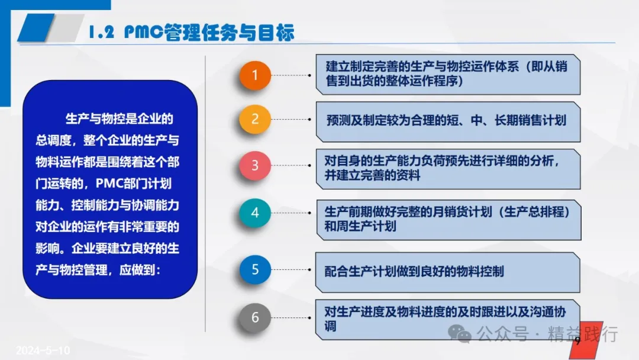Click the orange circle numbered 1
tap(255, 75)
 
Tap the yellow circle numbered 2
tap(255, 119)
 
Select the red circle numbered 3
tap(255, 166)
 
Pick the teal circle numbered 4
tap(255, 213)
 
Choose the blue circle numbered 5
tap(255, 269)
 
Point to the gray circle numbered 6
tap(255, 317)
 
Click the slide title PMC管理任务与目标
tap(209, 32)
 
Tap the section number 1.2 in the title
tap(101, 32)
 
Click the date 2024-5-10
tap(43, 350)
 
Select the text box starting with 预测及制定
tap(448, 122)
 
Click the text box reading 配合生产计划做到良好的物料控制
tap(447, 272)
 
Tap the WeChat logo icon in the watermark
tap(460, 334)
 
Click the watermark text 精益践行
tap(583, 334)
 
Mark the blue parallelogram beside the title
tap(36, 27)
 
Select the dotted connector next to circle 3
tap(291, 166)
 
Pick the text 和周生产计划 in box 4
tap(360, 226)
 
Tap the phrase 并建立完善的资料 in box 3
tap(372, 175)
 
